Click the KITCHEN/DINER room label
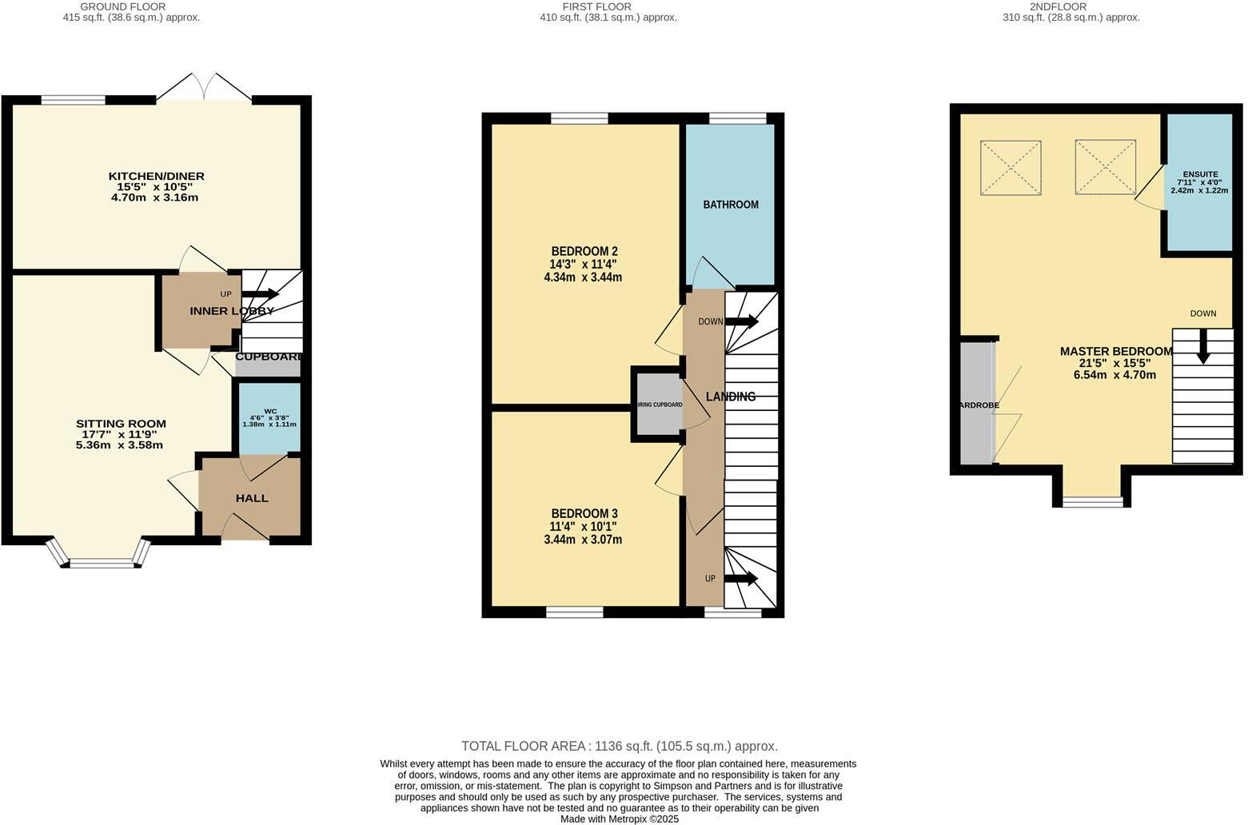coord(157,176)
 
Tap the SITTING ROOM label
coord(121,424)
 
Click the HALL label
coord(252,498)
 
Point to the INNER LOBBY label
coord(232,311)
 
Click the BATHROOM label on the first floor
coord(730,205)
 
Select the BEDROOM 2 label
coord(584,251)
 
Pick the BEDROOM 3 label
coord(584,513)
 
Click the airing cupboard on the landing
coord(660,405)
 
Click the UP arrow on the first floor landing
coord(740,579)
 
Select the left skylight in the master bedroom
coord(1011,166)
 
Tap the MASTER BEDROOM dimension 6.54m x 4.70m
coord(1114,374)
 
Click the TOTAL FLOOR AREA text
coord(620,746)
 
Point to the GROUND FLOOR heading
coord(122,6)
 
